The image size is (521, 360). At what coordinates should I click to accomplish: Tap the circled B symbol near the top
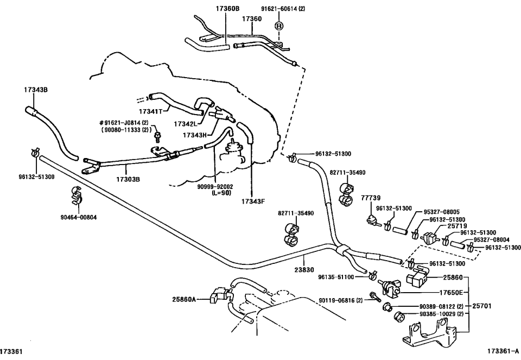pyautogui.click(x=279, y=26)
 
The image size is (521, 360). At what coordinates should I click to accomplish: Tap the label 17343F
pyautogui.click(x=253, y=201)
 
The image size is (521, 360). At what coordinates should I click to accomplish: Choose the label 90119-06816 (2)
pyautogui.click(x=340, y=300)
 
